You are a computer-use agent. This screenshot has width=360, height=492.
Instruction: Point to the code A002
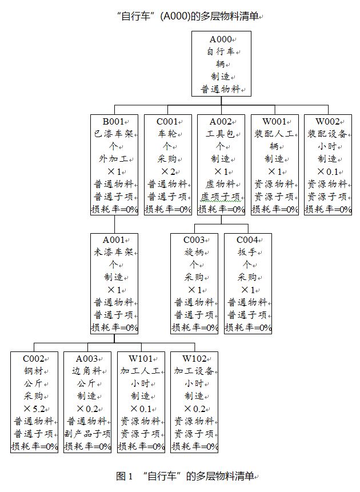click(x=219, y=121)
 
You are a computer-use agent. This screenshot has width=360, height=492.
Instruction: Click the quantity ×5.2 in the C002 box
click(x=34, y=409)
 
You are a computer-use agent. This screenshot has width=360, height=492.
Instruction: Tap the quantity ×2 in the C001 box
click(x=167, y=171)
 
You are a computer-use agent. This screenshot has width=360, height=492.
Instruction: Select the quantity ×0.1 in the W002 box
click(x=327, y=171)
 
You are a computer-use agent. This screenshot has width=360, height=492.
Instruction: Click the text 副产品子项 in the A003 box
click(x=87, y=434)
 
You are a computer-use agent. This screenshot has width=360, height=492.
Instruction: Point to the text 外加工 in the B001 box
click(x=114, y=159)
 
